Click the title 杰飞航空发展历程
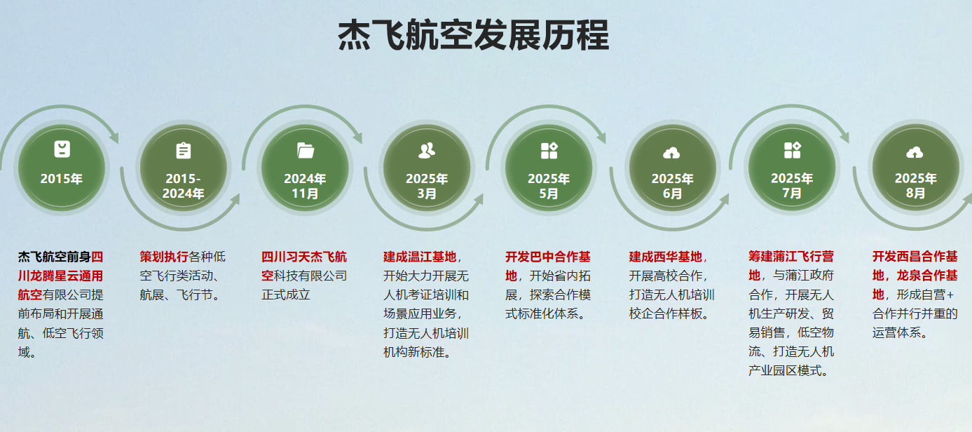pos(474,35)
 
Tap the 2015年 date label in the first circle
pos(61,179)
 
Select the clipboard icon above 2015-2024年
pos(183,151)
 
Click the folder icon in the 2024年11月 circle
pos(305,150)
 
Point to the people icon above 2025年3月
pos(427,150)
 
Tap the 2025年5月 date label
pos(549,186)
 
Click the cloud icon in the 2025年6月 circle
pos(671,152)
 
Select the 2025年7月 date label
pos(792,186)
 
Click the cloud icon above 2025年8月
pos(915,152)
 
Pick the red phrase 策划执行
pos(164,257)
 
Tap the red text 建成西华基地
pos(665,257)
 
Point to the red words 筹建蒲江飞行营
pos(791,257)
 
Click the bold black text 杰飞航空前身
pos(55,257)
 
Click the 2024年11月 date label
pos(305,186)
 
